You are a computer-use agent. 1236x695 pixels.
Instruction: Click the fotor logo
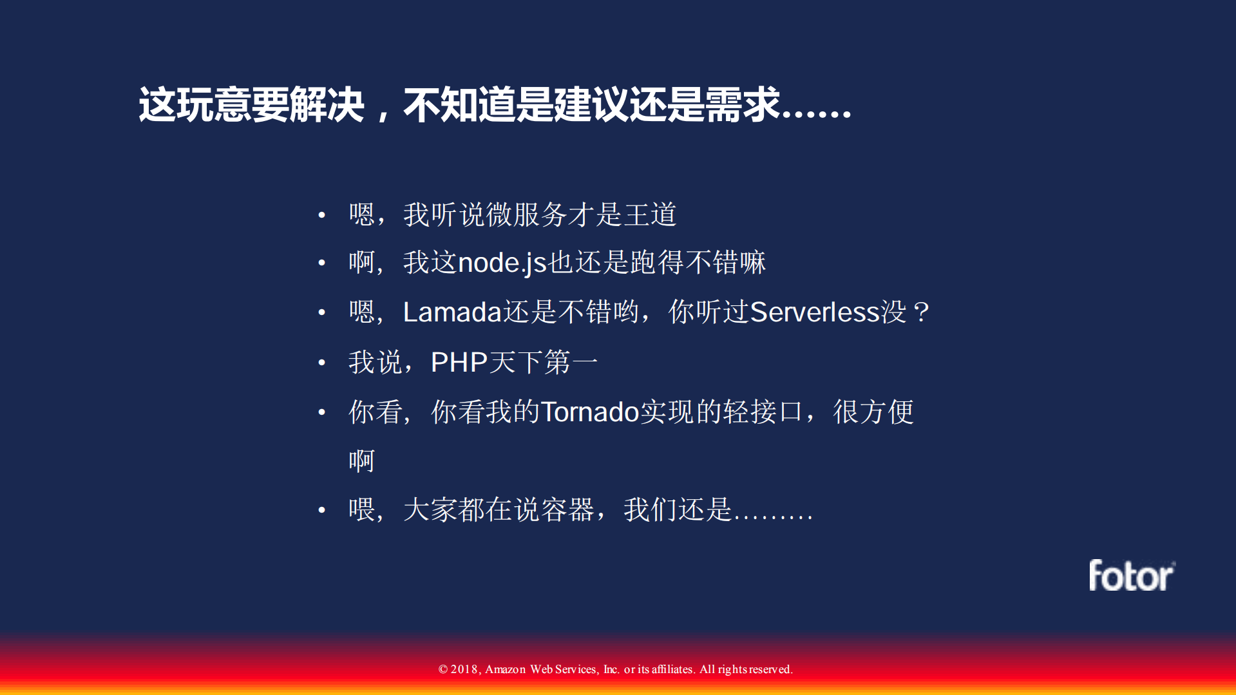coord(1131,575)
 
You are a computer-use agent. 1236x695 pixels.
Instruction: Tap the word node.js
coord(502,263)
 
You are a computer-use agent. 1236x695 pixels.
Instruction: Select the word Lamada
coord(452,312)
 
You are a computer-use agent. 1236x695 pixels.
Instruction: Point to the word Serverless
coord(815,312)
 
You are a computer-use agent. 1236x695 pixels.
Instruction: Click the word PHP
coord(459,362)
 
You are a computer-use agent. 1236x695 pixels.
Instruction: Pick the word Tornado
coord(589,412)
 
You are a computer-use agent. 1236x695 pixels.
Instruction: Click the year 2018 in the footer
coord(464,669)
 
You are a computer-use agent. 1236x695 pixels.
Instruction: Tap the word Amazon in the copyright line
coord(505,669)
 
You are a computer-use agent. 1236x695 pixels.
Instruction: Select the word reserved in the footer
coord(770,669)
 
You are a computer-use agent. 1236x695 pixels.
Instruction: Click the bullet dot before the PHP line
coord(321,363)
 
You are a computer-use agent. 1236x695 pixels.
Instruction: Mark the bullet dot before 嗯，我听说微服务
coord(321,214)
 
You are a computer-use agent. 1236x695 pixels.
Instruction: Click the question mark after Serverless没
coord(921,312)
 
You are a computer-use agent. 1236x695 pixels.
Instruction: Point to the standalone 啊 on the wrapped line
coord(361,461)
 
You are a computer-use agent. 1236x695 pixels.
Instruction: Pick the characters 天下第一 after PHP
coord(543,362)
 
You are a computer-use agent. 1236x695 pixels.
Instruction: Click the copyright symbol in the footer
coord(443,669)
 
